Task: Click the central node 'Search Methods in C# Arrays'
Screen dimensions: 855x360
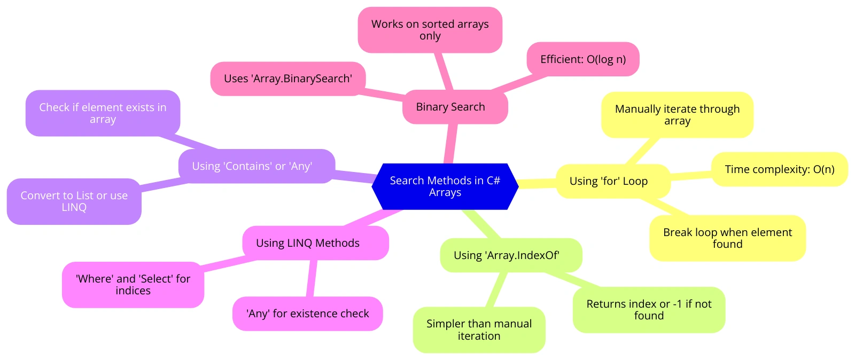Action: coord(445,186)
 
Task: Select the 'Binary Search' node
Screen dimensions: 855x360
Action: coord(455,107)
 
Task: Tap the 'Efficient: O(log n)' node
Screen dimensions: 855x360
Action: coord(583,59)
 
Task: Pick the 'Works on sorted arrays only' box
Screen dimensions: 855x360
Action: coord(430,30)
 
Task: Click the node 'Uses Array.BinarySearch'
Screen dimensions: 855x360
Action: coord(288,79)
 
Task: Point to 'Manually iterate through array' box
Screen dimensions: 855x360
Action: coord(677,115)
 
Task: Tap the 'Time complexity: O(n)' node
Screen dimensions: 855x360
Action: coord(780,169)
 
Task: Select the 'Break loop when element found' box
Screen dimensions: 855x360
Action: coord(727,238)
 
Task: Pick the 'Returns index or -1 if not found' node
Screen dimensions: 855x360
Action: coord(649,310)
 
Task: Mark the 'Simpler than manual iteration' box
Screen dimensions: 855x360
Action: coord(479,330)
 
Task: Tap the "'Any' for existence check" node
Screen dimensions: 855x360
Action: coord(308,314)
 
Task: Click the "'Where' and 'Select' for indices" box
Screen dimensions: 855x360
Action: coord(133,285)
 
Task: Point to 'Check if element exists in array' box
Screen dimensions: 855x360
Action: coord(103,113)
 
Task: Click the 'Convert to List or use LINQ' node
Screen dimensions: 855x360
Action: coord(74,201)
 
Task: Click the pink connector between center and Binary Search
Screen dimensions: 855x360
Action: coord(451,144)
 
